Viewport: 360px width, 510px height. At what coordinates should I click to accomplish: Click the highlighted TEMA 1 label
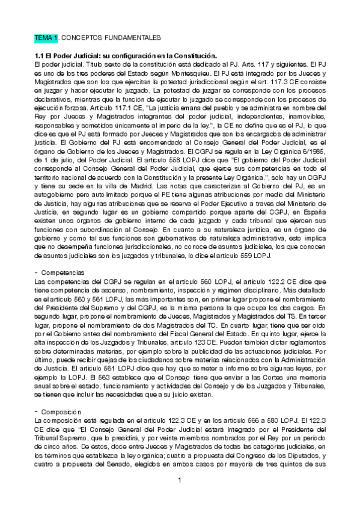tap(46, 37)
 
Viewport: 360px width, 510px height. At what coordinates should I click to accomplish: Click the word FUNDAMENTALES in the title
tap(135, 37)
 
